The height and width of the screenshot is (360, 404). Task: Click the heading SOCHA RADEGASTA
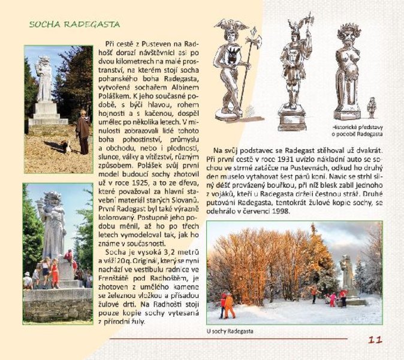coord(74,25)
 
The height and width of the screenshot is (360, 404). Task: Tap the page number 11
coord(375,340)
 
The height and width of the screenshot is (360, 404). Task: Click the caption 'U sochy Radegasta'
coord(230,331)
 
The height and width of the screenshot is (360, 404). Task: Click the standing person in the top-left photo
coord(83,132)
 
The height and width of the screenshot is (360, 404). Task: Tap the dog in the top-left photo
coord(67,145)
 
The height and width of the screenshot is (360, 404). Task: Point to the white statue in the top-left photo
coord(44,81)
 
